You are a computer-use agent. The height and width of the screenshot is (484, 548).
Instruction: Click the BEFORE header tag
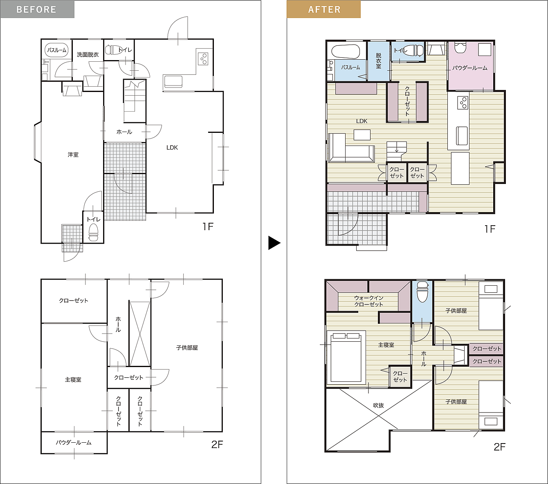[x=37, y=9]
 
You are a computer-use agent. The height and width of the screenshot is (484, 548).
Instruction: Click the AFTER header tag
[x=323, y=9]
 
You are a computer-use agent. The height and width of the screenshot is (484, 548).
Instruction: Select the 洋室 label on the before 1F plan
[x=73, y=155]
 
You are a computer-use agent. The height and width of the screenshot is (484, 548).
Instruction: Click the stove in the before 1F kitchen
[x=203, y=58]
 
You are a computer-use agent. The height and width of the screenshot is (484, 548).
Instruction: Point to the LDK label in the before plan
[x=172, y=148]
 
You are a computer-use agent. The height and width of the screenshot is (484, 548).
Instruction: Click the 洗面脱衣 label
[x=88, y=55]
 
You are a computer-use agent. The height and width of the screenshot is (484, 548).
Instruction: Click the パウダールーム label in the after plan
[x=470, y=68]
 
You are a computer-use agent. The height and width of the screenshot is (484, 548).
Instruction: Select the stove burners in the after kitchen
[x=463, y=103]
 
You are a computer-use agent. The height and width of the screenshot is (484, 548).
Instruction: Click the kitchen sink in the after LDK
[x=462, y=136]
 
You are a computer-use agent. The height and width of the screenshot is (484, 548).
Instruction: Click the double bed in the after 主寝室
[x=346, y=357]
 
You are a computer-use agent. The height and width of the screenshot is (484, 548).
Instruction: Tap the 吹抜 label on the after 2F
[x=378, y=406]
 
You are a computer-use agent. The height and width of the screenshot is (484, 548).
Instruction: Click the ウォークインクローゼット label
[x=368, y=301]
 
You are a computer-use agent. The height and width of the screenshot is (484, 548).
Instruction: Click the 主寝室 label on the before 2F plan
[x=73, y=380]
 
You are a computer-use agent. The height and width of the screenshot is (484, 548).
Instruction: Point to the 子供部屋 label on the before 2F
[x=187, y=348]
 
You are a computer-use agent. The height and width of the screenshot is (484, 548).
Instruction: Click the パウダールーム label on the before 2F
[x=74, y=443]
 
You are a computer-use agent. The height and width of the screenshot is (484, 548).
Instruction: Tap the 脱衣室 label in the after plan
[x=378, y=60]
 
